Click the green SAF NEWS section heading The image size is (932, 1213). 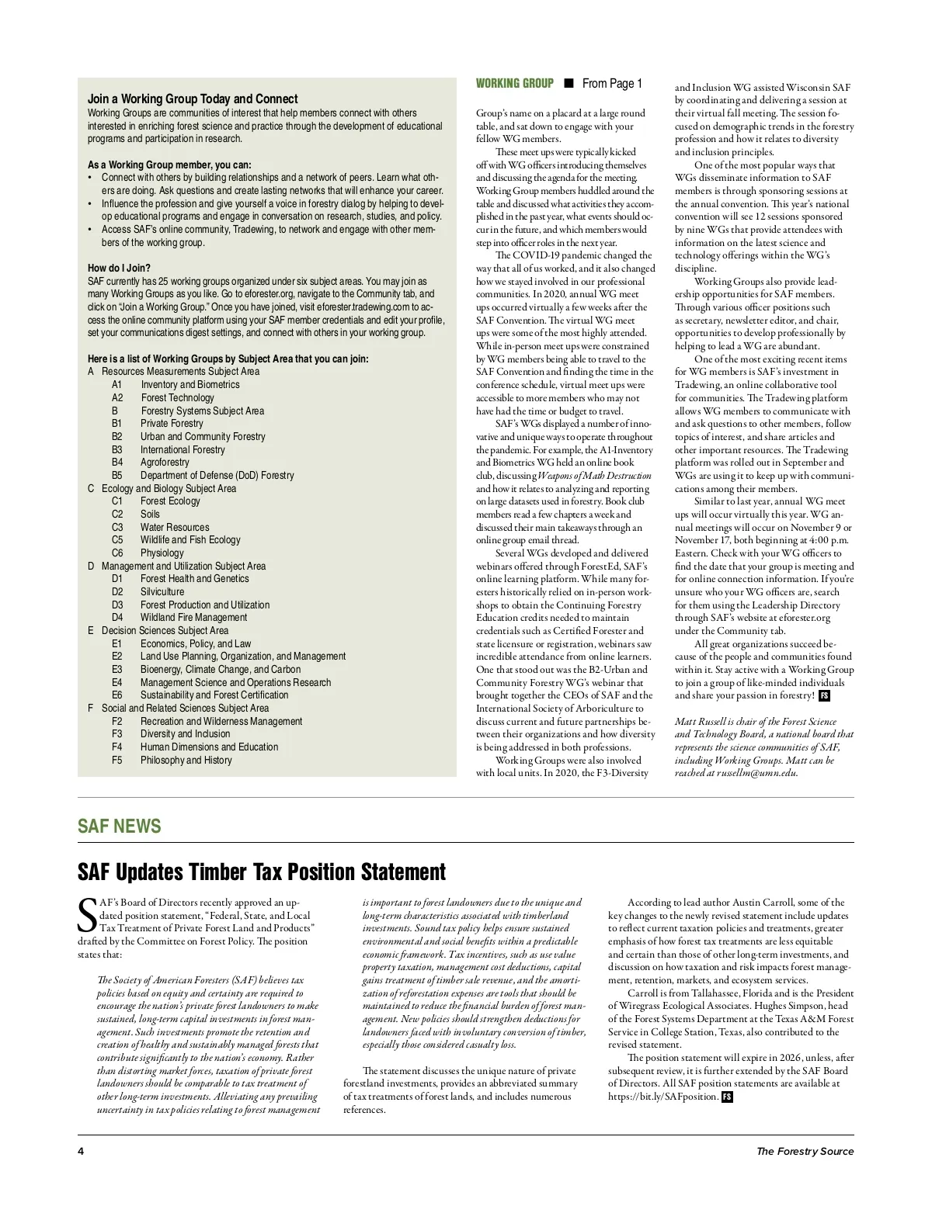click(x=119, y=826)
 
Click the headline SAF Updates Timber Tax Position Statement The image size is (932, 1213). click(x=262, y=872)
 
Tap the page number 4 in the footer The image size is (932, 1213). click(x=81, y=1151)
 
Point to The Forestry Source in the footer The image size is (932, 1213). click(x=805, y=1151)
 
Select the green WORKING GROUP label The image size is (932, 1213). click(x=514, y=84)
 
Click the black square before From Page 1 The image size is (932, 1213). click(x=569, y=84)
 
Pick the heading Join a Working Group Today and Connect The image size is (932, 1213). click(x=193, y=99)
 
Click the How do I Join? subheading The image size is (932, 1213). click(x=119, y=268)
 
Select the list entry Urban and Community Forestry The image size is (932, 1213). click(x=203, y=436)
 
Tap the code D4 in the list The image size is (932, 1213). click(x=117, y=618)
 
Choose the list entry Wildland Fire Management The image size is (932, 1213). click(x=193, y=618)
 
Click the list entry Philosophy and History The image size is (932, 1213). click(x=186, y=760)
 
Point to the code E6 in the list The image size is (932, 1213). click(x=117, y=695)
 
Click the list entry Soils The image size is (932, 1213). click(x=150, y=514)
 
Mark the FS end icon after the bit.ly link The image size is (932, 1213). click(x=727, y=1097)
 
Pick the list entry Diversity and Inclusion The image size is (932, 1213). click(x=185, y=734)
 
